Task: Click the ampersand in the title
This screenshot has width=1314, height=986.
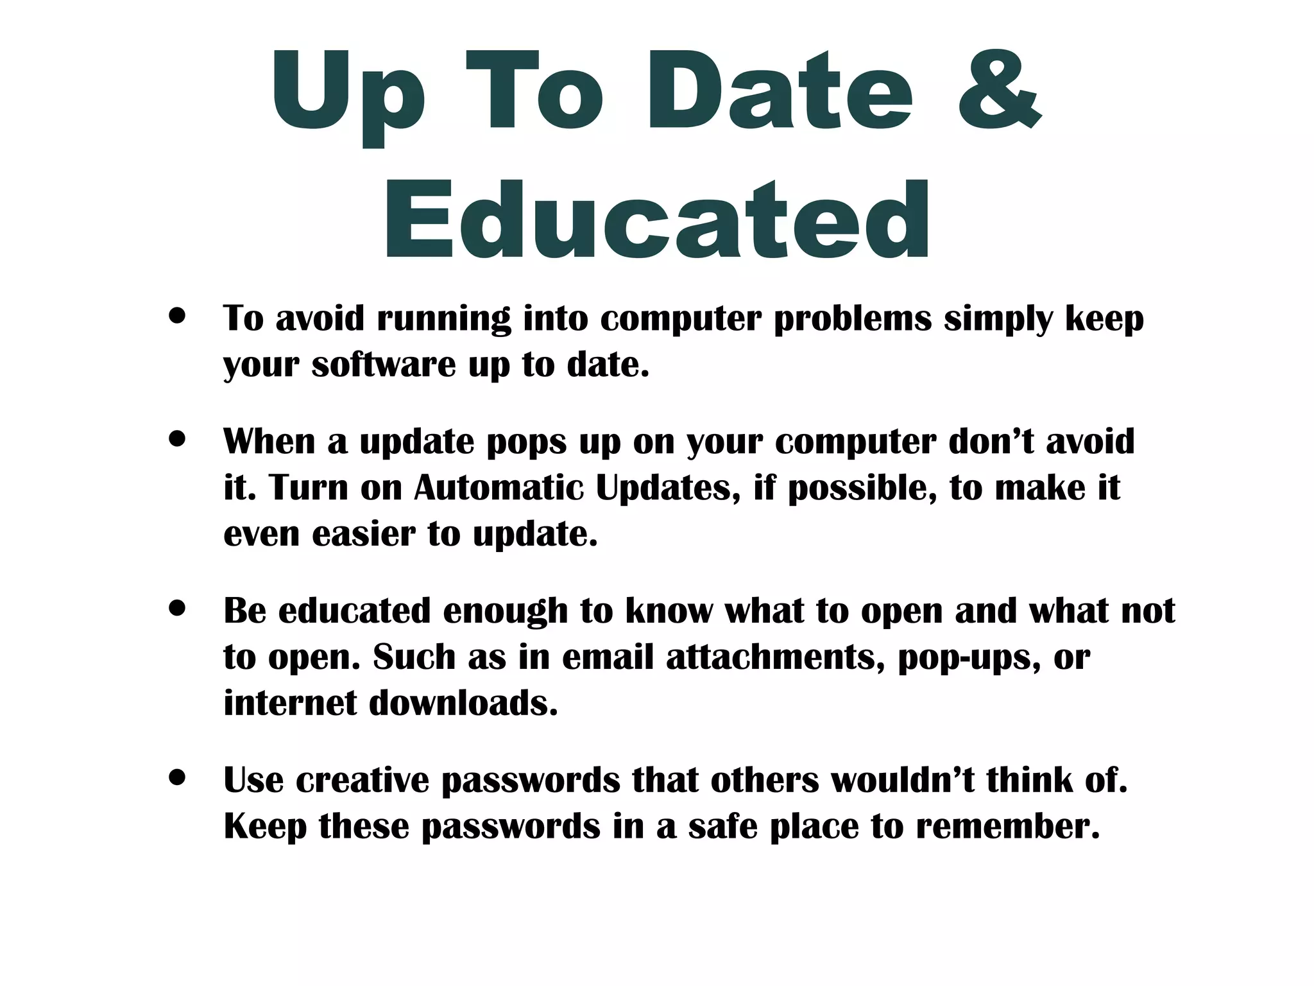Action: click(1000, 90)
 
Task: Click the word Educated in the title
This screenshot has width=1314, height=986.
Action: click(657, 221)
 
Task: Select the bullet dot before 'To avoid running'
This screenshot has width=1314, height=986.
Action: click(177, 316)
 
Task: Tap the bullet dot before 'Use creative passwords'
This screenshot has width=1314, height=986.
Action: click(177, 777)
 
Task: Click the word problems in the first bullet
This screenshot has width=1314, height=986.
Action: click(853, 318)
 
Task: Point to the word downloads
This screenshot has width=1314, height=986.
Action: click(463, 703)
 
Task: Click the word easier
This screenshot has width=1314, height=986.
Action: click(364, 534)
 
